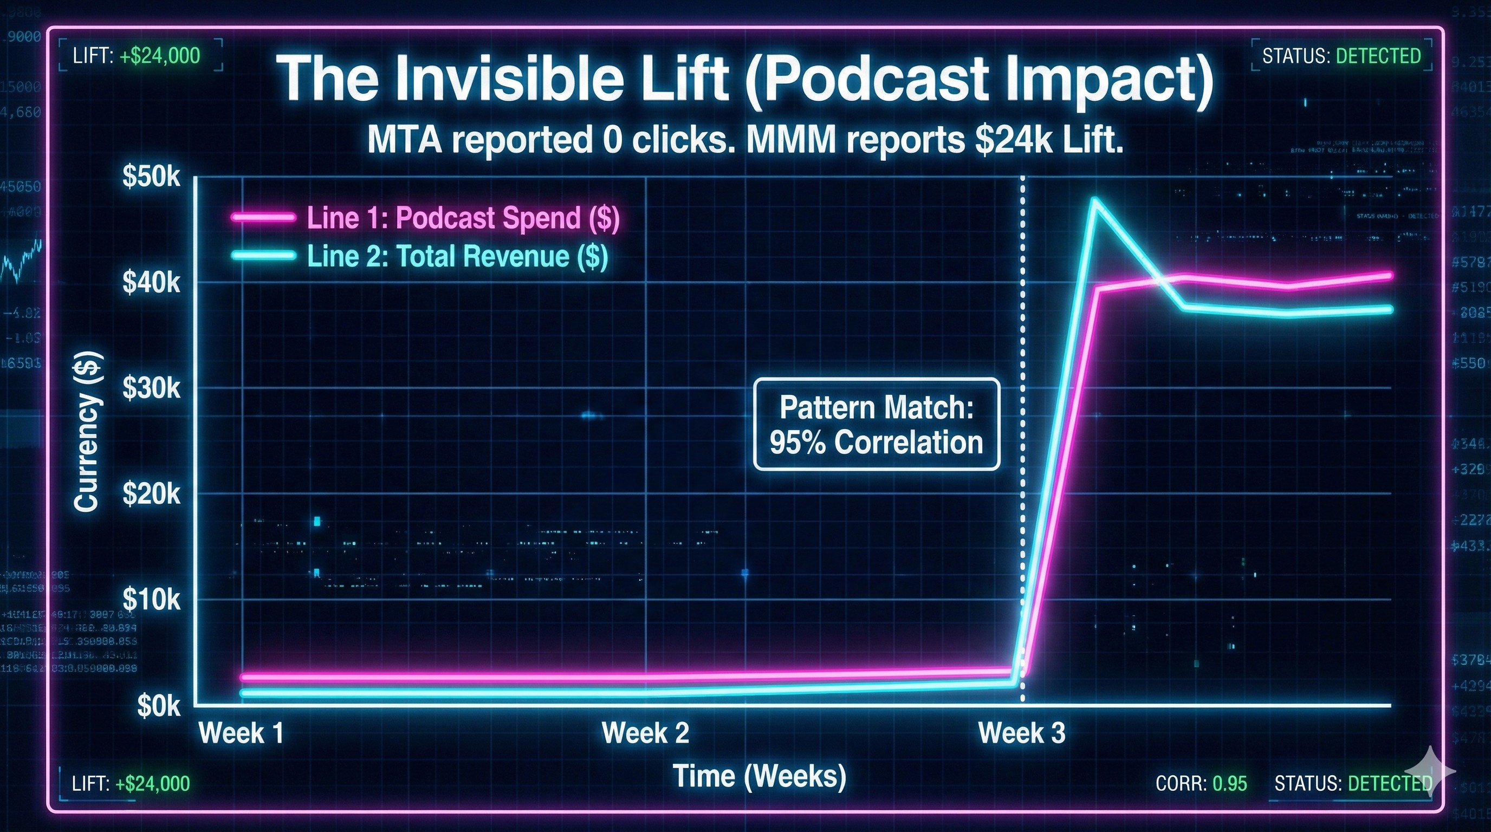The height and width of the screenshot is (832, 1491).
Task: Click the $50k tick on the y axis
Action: [x=152, y=177]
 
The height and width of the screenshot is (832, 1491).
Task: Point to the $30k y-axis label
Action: [x=152, y=389]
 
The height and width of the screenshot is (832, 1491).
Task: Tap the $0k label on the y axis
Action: [x=159, y=706]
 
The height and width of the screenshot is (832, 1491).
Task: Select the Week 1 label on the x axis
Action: [x=241, y=733]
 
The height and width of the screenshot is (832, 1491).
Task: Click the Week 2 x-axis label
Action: [x=645, y=733]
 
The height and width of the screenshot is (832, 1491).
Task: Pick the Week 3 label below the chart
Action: [x=1022, y=733]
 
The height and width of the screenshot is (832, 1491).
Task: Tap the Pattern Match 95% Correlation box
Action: [x=876, y=425]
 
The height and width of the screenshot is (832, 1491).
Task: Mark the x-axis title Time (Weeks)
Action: [x=760, y=776]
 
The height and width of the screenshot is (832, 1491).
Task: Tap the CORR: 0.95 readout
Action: [x=1201, y=783]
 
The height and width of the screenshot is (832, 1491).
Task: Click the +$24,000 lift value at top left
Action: [x=160, y=56]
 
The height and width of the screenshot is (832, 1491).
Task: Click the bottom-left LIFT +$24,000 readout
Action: [x=131, y=783]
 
